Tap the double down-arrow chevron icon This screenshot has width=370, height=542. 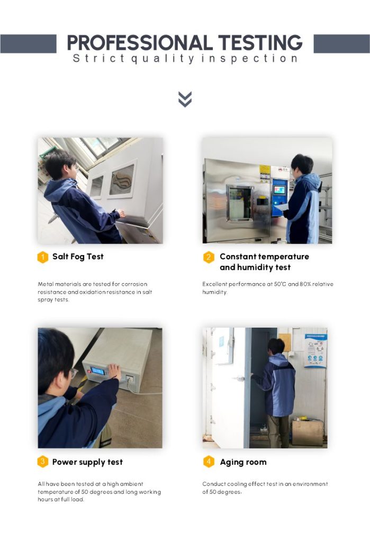185,99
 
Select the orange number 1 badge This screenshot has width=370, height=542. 42,257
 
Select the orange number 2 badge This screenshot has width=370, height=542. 209,257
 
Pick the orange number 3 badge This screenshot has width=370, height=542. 42,462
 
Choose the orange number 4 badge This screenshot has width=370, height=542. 209,462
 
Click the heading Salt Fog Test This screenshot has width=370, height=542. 78,257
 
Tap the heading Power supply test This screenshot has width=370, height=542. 87,462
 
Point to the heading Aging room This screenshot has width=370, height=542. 243,462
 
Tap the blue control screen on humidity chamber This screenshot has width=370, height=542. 279,190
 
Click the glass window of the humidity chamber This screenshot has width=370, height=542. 239,203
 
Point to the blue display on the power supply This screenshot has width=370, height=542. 98,371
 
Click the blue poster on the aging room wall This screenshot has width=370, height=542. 315,350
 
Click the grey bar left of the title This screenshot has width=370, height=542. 29,43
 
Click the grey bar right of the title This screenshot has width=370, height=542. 341,43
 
